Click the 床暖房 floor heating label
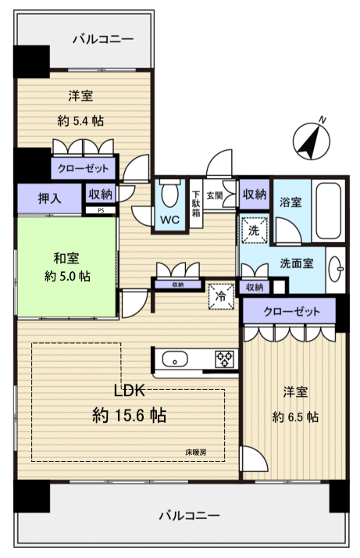coord(197,451)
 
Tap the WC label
coord(169,220)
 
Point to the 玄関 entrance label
coord(215,195)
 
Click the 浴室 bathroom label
coord(291,201)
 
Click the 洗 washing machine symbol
coord(255,231)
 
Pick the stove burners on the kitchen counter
coord(225,359)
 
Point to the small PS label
coord(100,210)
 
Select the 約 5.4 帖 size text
coord(81,121)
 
